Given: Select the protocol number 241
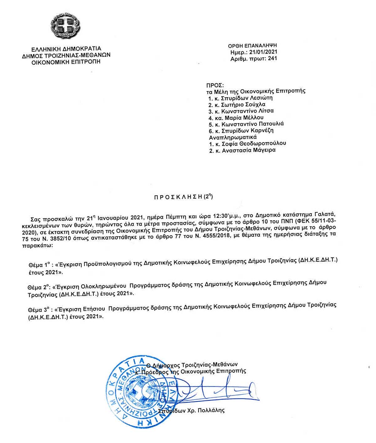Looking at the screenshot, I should pyautogui.click(x=272, y=59).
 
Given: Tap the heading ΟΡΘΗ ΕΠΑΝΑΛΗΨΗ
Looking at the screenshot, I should pyautogui.click(x=252, y=46).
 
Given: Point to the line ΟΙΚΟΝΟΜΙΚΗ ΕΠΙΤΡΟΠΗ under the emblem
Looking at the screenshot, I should pyautogui.click(x=66, y=62).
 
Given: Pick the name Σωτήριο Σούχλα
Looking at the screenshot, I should pyautogui.click(x=243, y=105).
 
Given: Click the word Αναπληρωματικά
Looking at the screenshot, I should pyautogui.click(x=233, y=137).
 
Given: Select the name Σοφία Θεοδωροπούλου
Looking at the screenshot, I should pyautogui.click(x=253, y=143).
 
